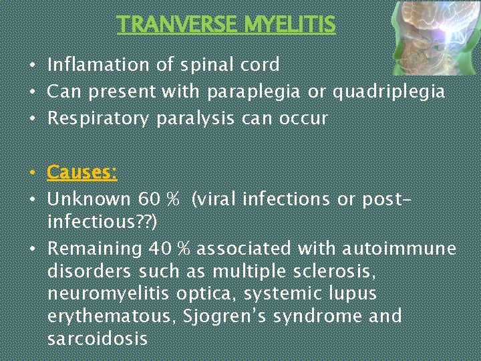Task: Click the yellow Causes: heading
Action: click(x=82, y=172)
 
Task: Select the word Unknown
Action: click(x=90, y=199)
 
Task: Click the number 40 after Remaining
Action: click(x=162, y=249)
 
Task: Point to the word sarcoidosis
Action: click(x=97, y=338)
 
